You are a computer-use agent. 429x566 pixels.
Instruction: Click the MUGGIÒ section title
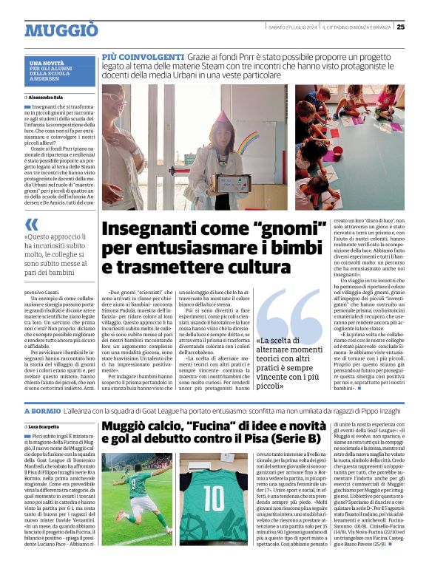[61, 30]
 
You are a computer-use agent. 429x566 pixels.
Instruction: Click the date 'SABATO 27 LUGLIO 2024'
[293, 27]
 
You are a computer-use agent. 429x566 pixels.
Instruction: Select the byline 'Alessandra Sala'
[47, 97]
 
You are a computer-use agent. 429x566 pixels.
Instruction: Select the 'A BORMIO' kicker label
[41, 410]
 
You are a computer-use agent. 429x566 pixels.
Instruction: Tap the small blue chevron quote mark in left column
[32, 224]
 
